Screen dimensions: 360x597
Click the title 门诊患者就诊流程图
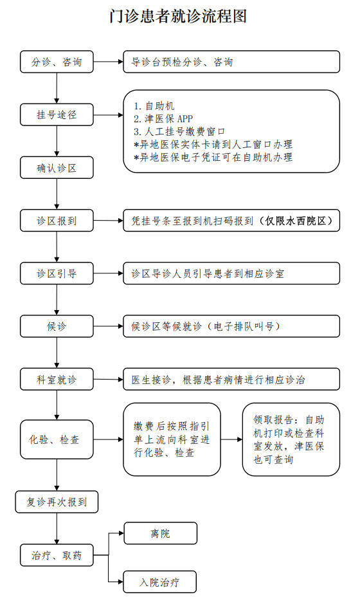[x=178, y=16]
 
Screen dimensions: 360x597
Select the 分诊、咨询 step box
[x=57, y=62]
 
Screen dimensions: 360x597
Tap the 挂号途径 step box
[x=57, y=115]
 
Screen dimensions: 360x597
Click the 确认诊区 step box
[x=57, y=167]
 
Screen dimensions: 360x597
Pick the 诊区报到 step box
[x=57, y=221]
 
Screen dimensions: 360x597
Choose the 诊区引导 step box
[x=57, y=273]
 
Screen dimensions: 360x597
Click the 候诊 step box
[x=57, y=326]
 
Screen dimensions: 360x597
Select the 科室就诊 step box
[x=57, y=379]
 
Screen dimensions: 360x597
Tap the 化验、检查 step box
[x=57, y=439]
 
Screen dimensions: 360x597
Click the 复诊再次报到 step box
[x=57, y=502]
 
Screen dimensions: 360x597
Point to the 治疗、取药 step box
[x=57, y=555]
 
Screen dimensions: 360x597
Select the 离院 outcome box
[x=160, y=533]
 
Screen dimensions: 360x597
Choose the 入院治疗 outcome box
[x=160, y=582]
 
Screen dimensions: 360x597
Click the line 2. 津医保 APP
[x=163, y=119]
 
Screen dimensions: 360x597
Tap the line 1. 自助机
[x=154, y=106]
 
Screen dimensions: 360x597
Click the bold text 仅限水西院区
[x=296, y=221]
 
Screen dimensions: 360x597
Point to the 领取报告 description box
[x=291, y=439]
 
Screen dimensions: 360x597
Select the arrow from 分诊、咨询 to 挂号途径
[x=57, y=88]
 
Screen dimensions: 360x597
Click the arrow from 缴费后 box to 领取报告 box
[x=231, y=439]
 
